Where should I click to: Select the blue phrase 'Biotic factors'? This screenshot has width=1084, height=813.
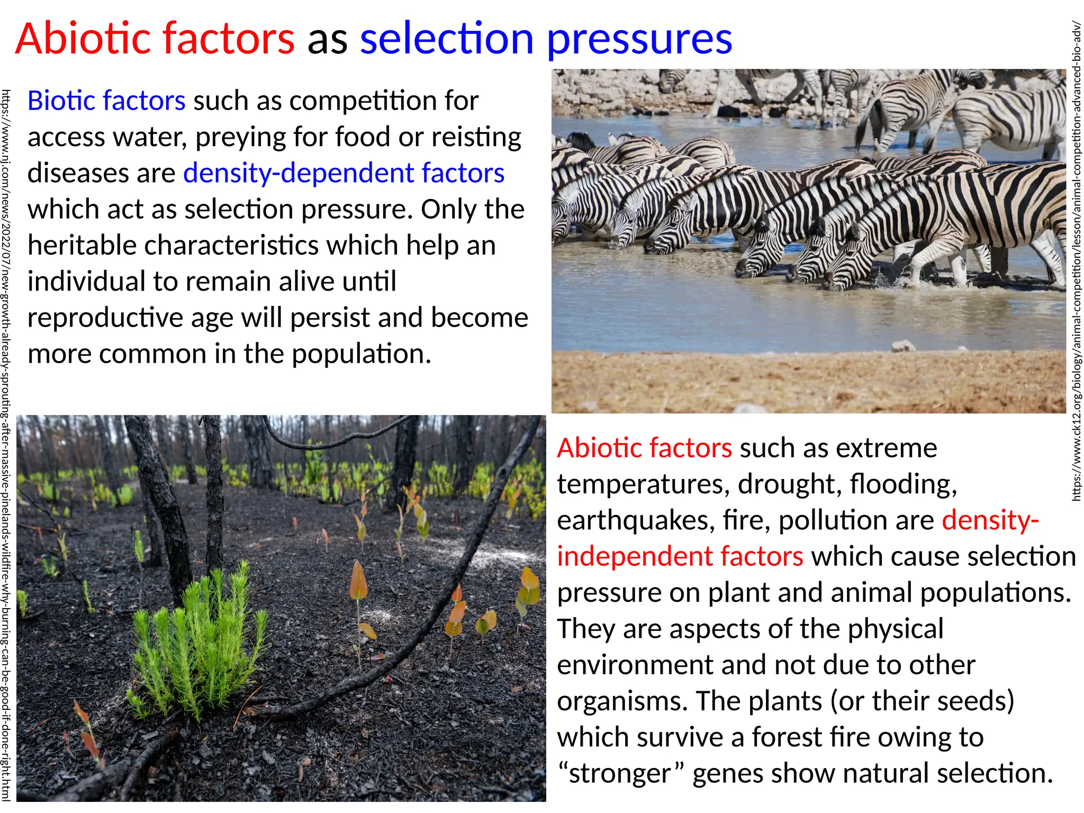click(106, 101)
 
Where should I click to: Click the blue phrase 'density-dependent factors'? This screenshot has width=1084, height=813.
click(344, 173)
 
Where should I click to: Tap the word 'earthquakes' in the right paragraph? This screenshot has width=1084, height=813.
click(632, 520)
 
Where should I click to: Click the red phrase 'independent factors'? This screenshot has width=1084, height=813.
click(680, 556)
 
